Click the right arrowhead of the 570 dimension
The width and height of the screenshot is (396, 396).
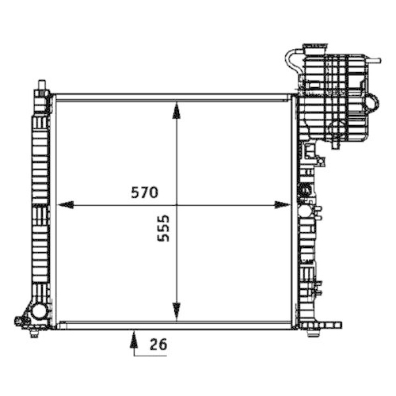point(283,204)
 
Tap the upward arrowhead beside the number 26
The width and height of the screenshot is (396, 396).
point(132,338)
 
